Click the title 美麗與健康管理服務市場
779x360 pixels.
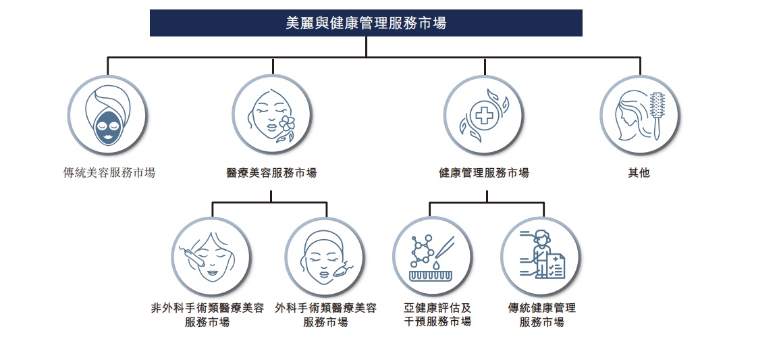pos(366,23)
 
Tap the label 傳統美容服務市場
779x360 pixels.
pos(109,173)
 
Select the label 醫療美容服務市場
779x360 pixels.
pos(271,173)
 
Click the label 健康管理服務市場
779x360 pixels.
pos(484,173)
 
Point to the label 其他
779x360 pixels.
pos(639,173)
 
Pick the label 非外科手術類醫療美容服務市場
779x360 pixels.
pos(207,315)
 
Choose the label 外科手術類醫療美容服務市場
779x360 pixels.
pos(325,315)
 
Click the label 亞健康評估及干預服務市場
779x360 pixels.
pos(437,315)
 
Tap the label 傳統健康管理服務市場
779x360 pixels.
pos(542,315)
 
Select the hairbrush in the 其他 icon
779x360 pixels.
pos(657,115)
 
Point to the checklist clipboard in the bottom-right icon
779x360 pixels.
pos(556,265)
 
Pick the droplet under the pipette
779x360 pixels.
pos(435,264)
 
